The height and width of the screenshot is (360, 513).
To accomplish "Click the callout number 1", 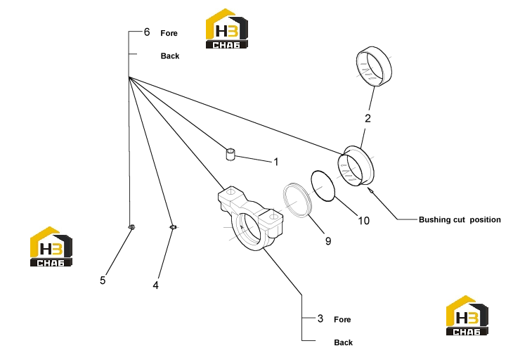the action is tap(275, 162).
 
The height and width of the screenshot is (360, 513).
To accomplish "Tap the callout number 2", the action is tap(368, 118).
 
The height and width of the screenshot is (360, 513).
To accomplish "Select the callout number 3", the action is tap(320, 319).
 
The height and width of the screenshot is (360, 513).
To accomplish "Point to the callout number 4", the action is tap(156, 285).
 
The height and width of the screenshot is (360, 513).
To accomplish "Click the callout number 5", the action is tap(103, 281).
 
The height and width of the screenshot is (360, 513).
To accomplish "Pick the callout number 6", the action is tap(147, 32).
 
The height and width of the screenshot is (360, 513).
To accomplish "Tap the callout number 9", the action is tap(328, 241).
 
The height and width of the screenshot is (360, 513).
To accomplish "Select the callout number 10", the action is tap(363, 221).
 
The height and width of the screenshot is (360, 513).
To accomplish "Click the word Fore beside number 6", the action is tap(169, 33).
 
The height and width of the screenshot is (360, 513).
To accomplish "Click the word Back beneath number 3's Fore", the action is tap(343, 342).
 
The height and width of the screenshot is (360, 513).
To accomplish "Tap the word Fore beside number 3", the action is tap(342, 319).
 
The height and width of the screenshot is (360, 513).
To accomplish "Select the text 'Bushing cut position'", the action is tap(460, 219).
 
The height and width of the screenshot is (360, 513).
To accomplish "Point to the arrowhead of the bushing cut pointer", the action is tap(368, 188).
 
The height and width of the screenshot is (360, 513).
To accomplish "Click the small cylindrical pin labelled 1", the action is tap(230, 154).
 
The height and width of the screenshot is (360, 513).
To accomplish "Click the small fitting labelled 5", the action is tap(131, 227).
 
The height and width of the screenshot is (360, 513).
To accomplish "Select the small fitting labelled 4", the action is tap(174, 227).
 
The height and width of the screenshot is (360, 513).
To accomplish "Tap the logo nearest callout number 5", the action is tap(51, 246).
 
